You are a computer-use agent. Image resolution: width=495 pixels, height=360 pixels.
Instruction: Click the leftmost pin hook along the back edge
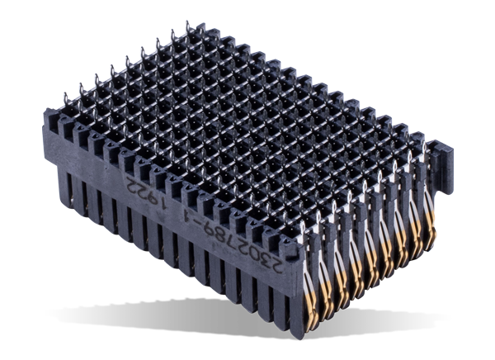tap(67, 93)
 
